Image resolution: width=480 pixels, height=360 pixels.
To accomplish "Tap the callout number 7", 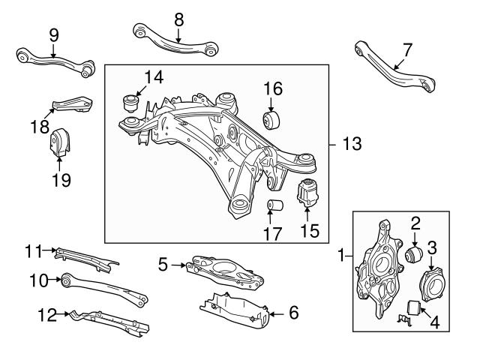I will pos(406,49).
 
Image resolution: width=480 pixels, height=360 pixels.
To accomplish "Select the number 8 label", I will pos(178,17).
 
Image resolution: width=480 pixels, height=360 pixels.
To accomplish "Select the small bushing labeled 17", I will pos(275,206).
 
